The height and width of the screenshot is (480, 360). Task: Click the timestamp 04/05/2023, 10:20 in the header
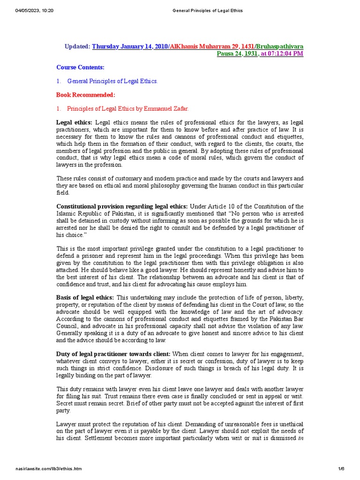click(35, 11)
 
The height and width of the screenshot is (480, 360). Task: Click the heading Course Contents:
click(80, 67)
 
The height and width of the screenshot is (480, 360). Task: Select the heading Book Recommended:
click(85, 95)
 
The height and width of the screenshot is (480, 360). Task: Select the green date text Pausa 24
click(228, 53)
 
